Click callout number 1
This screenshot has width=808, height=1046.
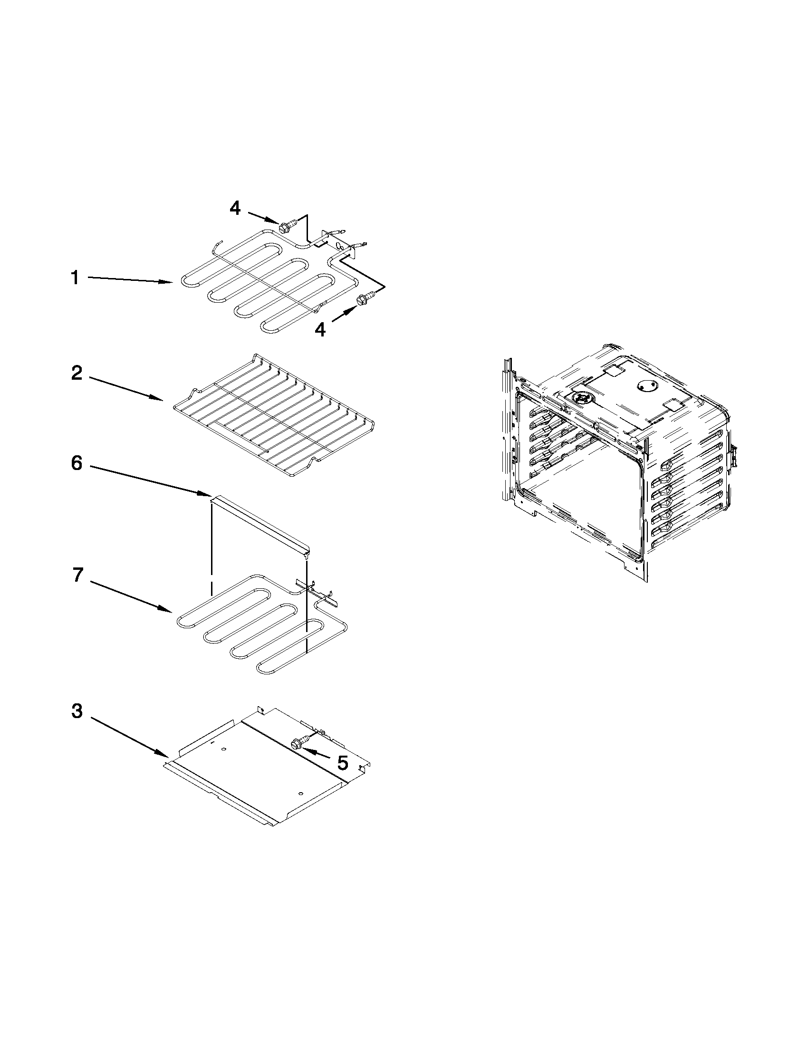point(75,278)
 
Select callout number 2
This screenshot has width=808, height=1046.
point(77,373)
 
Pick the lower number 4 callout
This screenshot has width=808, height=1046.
point(320,329)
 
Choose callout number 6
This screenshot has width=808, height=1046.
point(77,463)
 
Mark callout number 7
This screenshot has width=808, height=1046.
point(77,575)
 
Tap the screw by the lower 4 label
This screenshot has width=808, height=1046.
point(363,300)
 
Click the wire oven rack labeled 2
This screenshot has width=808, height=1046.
point(273,417)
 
